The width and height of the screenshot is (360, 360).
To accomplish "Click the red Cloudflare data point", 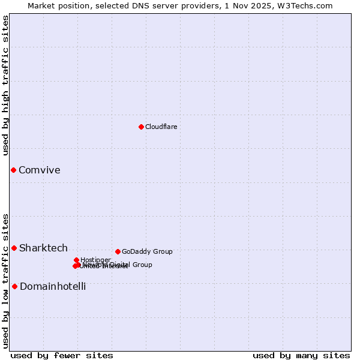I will coord(141,127).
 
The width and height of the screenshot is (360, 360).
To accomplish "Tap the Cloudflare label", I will coord(161,127).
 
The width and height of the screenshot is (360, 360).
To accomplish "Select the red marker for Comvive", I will coord(13,170).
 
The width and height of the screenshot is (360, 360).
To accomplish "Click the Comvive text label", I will coord(40,170).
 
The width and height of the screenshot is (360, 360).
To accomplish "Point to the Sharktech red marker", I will coord(14,248).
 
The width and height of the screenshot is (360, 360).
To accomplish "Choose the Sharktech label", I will coord(43,248).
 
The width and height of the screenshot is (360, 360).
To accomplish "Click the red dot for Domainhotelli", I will coord(14,286).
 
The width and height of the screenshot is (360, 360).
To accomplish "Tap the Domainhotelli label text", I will coord(53,287).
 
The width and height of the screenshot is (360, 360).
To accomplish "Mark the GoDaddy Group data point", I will coord(118,251).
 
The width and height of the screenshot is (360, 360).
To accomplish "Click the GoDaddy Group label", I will coord(147,252).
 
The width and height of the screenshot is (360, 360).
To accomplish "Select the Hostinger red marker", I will coord(76,260).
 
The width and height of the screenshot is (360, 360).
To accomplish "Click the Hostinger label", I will coord(95,260).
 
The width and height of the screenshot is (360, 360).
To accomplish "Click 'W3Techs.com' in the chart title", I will coord(308,5).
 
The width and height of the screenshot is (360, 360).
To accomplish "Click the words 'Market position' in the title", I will coord(56,5).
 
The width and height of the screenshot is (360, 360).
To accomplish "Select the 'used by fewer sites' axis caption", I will coord(62,356).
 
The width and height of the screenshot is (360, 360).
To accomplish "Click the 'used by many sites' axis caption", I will coord(301,356).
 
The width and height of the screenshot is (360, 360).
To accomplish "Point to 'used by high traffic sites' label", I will coord(5,85).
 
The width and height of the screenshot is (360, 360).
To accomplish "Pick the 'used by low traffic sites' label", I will coord(5,280).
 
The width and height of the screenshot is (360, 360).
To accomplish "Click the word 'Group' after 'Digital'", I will coord(142,265).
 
